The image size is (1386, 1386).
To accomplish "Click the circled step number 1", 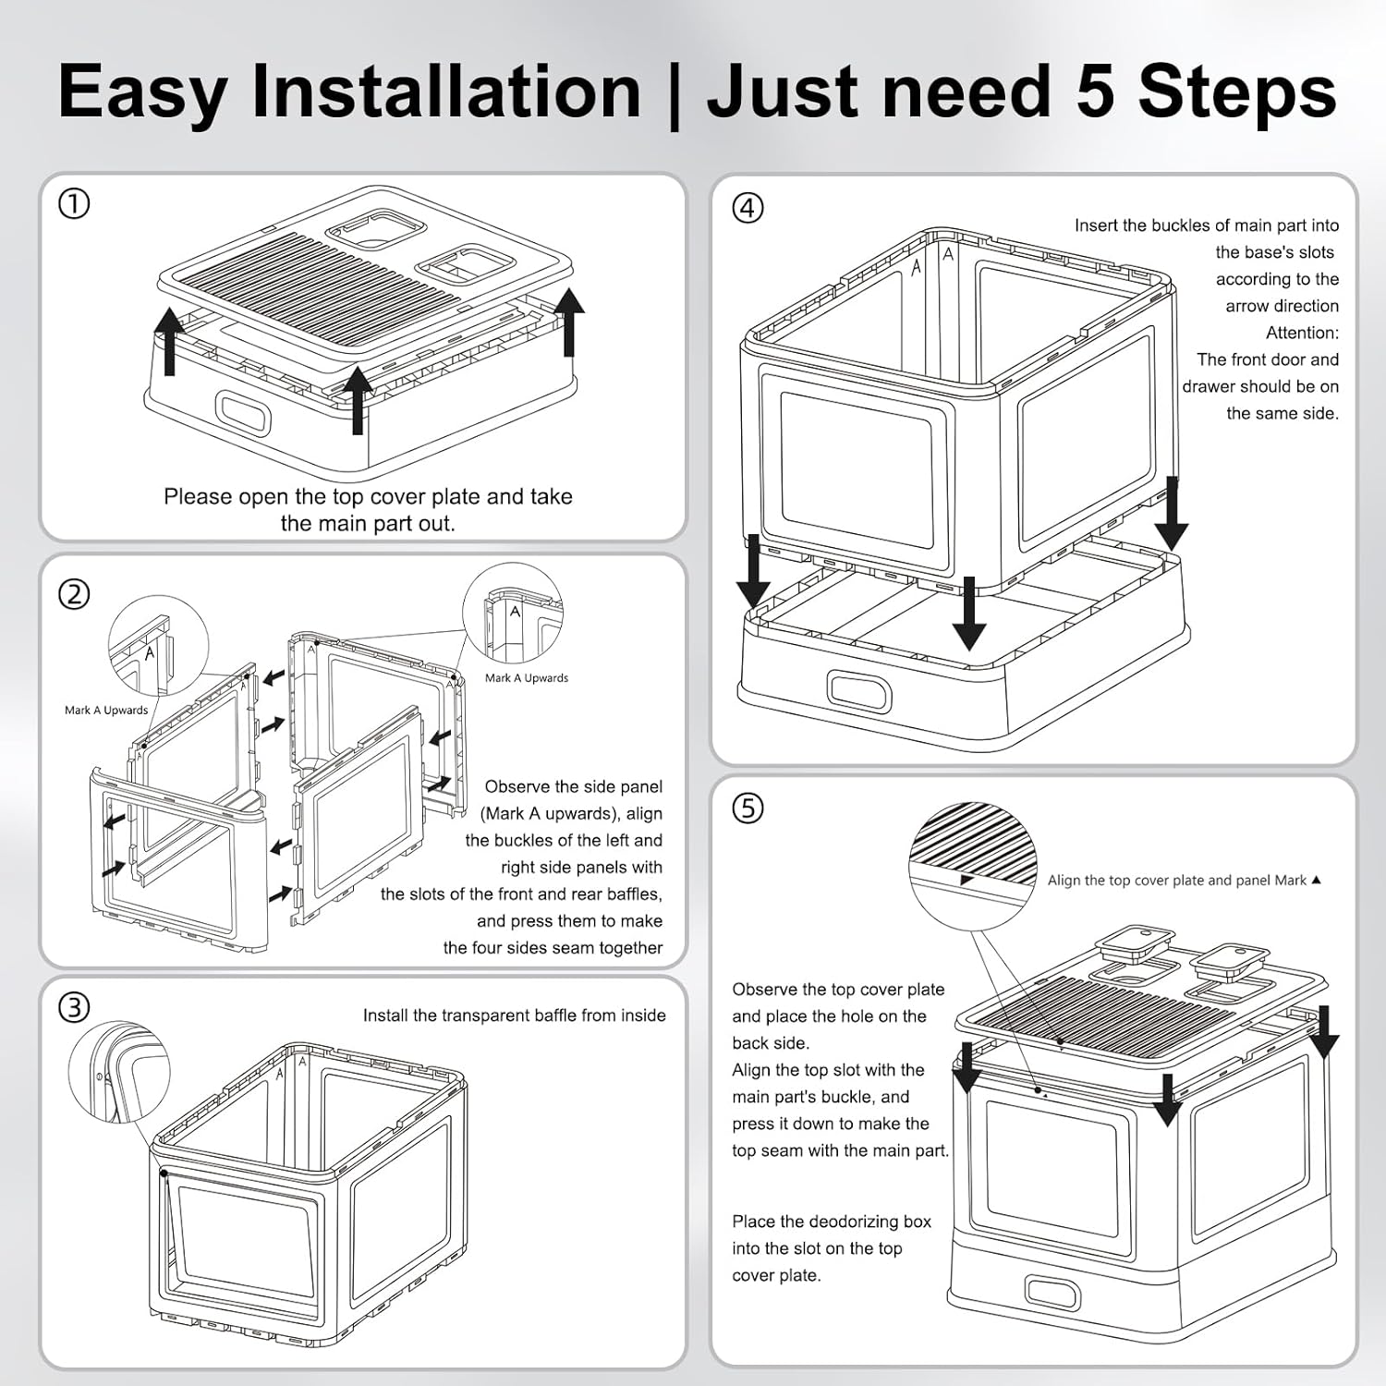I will pos(74,203).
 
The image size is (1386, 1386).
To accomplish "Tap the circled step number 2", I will pos(74,594).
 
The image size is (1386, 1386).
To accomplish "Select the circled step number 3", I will pos(74,1006).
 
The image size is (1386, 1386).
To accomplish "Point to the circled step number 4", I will pos(748,208).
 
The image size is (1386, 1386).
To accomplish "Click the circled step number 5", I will pos(748,808).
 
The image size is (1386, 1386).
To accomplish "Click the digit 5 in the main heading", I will pos(1095,91).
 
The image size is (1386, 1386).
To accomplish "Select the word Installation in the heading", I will pos(446,91).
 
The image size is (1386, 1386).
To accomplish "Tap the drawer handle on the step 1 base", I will pos(243,412).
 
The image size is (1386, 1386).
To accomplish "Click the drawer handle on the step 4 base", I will pos(859,690).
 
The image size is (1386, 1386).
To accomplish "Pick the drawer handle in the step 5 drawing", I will pos(1052,1292).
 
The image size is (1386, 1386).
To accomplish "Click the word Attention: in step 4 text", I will pos(1302,333).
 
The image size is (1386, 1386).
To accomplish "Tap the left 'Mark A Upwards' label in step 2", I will pos(106,710).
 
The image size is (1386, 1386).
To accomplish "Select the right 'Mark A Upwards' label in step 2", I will pos(527,677).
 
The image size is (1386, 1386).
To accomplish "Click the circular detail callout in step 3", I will pos(119,1071).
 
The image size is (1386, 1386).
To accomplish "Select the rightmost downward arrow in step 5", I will pos(1323,1031).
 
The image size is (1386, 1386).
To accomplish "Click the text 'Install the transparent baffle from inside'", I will pos(514,1015).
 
